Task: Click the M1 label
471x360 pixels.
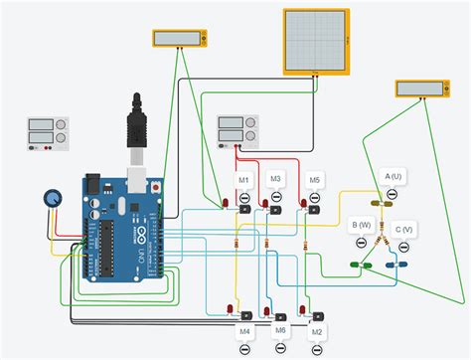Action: pyautogui.click(x=244, y=179)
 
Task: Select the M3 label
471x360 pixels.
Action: pyautogui.click(x=276, y=179)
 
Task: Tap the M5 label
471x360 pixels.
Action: pyautogui.click(x=315, y=179)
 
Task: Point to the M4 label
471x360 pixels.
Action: pyautogui.click(x=244, y=329)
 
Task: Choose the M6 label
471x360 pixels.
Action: pyautogui.click(x=280, y=329)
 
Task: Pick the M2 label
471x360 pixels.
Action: pyautogui.click(x=317, y=329)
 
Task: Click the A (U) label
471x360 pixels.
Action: pyautogui.click(x=393, y=176)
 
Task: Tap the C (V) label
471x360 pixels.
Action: pyautogui.click(x=404, y=229)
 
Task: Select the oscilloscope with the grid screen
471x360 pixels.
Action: pyautogui.click(x=317, y=41)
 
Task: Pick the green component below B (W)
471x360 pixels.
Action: pyautogui.click(x=363, y=265)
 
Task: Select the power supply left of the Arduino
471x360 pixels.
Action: pyautogui.click(x=48, y=134)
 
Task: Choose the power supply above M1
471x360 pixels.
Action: pyautogui.click(x=238, y=130)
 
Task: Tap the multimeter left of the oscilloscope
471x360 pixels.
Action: pyautogui.click(x=181, y=38)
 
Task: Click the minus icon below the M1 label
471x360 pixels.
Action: pyautogui.click(x=244, y=197)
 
